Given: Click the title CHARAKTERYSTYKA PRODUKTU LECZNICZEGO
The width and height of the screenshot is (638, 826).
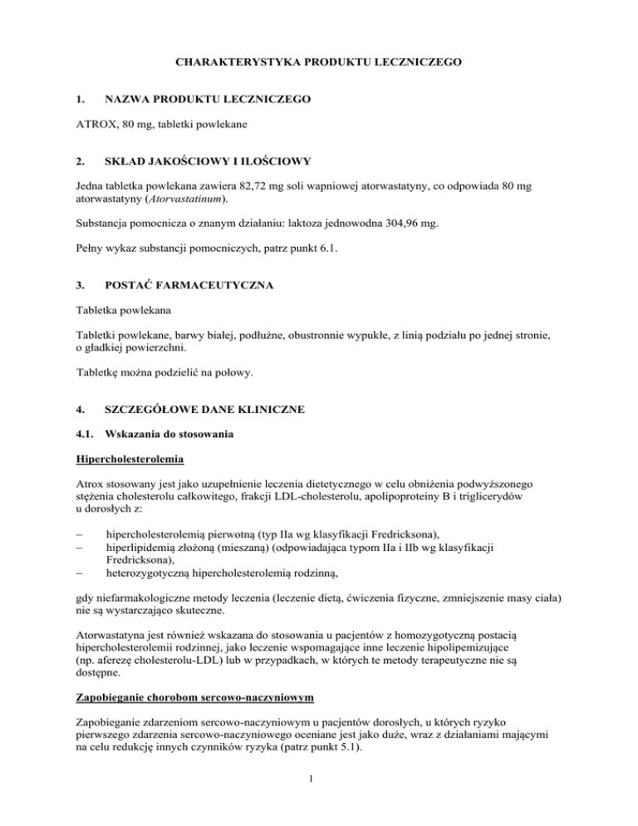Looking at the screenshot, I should click(318, 60).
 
